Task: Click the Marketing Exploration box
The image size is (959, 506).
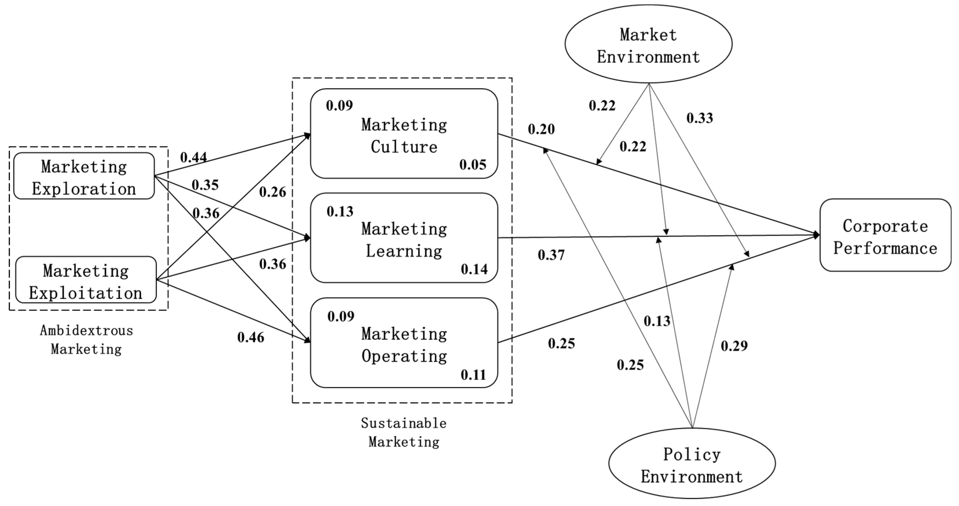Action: pyautogui.click(x=84, y=176)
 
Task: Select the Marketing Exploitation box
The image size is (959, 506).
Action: pyautogui.click(x=86, y=280)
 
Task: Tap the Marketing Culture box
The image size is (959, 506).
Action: pyautogui.click(x=404, y=134)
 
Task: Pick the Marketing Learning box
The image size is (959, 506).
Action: pyautogui.click(x=404, y=238)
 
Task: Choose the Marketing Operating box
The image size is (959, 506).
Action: pyautogui.click(x=404, y=343)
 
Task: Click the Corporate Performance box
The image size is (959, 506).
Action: pyautogui.click(x=885, y=236)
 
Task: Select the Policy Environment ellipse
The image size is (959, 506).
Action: pyautogui.click(x=692, y=464)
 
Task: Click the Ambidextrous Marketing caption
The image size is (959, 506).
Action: pyautogui.click(x=86, y=340)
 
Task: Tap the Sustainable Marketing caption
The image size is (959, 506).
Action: pyautogui.click(x=404, y=432)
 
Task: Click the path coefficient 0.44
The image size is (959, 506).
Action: pyautogui.click(x=194, y=157)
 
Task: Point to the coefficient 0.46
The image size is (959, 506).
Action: pyautogui.click(x=251, y=337)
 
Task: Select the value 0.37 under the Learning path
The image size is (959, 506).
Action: pyautogui.click(x=551, y=255)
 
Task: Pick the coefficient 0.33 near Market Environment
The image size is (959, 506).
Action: pyautogui.click(x=700, y=118)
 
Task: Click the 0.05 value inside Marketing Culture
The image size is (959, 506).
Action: pyautogui.click(x=473, y=165)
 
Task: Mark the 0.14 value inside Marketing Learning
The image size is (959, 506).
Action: pyautogui.click(x=474, y=269)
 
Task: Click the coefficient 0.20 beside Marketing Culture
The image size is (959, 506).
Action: pyautogui.click(x=541, y=129)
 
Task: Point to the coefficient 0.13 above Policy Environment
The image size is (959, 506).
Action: pyautogui.click(x=657, y=321)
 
